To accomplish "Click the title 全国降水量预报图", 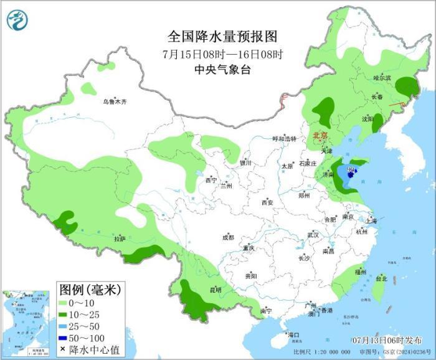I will tap(217, 36).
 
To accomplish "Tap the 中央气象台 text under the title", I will tap(217, 69).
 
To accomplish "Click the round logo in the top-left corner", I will tap(18, 21).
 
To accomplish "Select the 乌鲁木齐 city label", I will tap(115, 102).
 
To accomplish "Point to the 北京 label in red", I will tap(320, 135).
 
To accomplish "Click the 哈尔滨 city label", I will tap(382, 78).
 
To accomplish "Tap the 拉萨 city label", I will tap(120, 239).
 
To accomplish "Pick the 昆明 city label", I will tap(216, 289).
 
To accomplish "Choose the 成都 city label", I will tap(227, 237).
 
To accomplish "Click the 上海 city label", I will tap(371, 220).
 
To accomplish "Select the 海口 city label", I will tap(293, 335).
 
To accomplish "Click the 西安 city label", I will tap(267, 202).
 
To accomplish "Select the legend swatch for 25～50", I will tap(62, 326).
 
